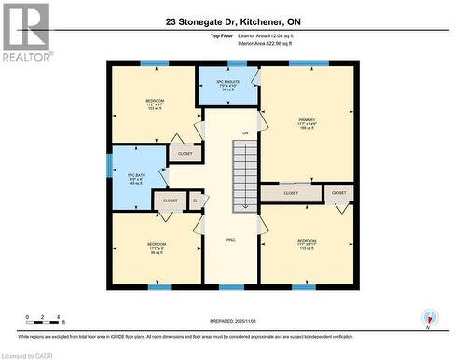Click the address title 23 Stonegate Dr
pyautogui.click(x=233, y=21)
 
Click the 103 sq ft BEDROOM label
pyautogui.click(x=155, y=104)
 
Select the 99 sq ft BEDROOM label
pyautogui.click(x=156, y=250)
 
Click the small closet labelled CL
pyautogui.click(x=195, y=200)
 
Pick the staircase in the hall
pyautogui.click(x=245, y=173)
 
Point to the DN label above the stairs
pyautogui.click(x=245, y=134)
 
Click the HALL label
pyautogui.click(x=230, y=239)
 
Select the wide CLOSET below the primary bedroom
pyautogui.click(x=291, y=194)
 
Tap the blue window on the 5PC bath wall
pyautogui.click(x=109, y=178)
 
